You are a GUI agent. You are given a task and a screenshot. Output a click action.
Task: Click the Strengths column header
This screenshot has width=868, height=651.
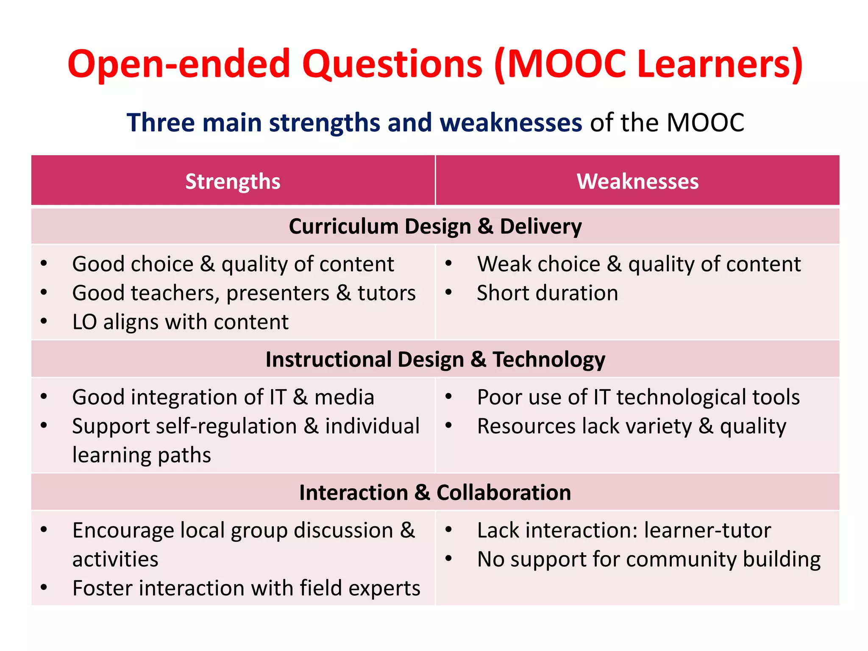coord(233,181)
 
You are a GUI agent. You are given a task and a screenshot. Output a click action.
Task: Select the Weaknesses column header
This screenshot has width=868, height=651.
coord(637,181)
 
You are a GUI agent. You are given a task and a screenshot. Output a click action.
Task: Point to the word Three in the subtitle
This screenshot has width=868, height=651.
coord(161,123)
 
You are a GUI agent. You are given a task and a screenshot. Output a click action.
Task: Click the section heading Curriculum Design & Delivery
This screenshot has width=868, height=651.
coord(435,226)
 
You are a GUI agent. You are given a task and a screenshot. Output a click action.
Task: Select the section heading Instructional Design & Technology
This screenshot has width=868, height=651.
coord(435,359)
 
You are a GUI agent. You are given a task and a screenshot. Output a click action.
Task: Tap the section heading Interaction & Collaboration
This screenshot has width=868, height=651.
coord(435,492)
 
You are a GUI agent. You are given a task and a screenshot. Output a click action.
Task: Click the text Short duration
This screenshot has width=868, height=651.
coord(547,293)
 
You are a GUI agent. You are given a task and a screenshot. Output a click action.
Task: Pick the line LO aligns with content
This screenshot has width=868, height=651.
coord(181,322)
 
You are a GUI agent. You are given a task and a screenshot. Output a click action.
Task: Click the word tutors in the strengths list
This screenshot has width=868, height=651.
coord(387,293)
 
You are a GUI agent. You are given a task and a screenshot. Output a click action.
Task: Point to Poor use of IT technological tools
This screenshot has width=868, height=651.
coord(638,397)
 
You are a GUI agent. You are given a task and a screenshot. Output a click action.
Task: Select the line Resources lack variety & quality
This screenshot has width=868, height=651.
coord(632,426)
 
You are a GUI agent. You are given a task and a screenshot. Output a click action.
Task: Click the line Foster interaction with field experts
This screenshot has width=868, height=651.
coord(246,588)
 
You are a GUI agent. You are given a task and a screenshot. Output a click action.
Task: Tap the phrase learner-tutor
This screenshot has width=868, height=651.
coord(707,530)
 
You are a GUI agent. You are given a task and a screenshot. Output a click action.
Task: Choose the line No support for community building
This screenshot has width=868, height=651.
coord(649,559)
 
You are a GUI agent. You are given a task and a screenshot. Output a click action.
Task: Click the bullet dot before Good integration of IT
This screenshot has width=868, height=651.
coord(44,397)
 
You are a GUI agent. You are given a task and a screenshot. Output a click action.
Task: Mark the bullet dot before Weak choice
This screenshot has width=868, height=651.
coord(449,264)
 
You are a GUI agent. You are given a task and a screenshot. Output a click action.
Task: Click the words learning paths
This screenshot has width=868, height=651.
coord(142,455)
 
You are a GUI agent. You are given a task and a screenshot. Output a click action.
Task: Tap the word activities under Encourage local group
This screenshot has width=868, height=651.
coord(115,559)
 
